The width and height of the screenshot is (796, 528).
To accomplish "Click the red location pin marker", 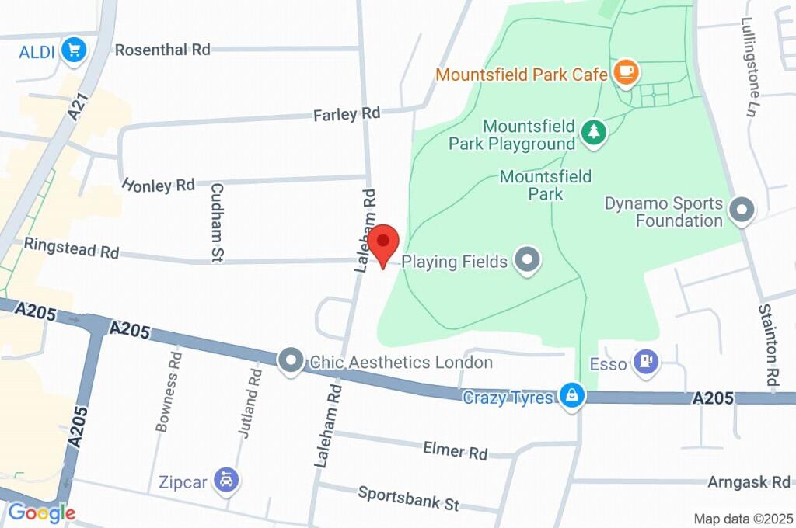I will coord(382,242).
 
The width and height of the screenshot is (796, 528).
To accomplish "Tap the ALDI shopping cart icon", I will coord(75,51).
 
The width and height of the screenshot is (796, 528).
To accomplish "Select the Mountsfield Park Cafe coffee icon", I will coord(626,73).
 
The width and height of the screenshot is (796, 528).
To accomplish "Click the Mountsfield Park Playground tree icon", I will coord(594,133).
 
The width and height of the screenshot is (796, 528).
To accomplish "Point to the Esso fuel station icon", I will coord(646,362).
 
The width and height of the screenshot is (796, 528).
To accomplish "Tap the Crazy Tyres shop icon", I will coord(572,395).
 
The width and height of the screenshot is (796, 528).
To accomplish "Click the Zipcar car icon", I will coord(226,481).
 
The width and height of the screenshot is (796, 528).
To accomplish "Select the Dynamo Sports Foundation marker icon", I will coord(742,210).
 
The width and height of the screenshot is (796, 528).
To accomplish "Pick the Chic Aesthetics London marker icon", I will coord(291,361).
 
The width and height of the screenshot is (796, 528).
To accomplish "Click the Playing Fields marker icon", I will coord(528,261).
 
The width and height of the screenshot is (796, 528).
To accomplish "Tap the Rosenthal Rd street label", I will coord(162,50).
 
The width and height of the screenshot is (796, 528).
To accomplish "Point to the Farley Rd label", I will coord(347,114).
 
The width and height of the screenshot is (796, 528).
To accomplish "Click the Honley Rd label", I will coord(158,185).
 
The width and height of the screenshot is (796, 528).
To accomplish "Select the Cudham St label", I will coord(218,221).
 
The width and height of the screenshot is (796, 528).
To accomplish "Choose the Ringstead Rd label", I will coord(72,248).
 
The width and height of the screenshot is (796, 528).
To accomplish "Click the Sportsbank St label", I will coord(408,498).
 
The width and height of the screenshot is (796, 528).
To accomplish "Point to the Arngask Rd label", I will coord(748,482).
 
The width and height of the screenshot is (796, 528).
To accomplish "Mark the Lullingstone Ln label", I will coord(749,52).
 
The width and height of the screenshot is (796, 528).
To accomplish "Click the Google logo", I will coord(41,512).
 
